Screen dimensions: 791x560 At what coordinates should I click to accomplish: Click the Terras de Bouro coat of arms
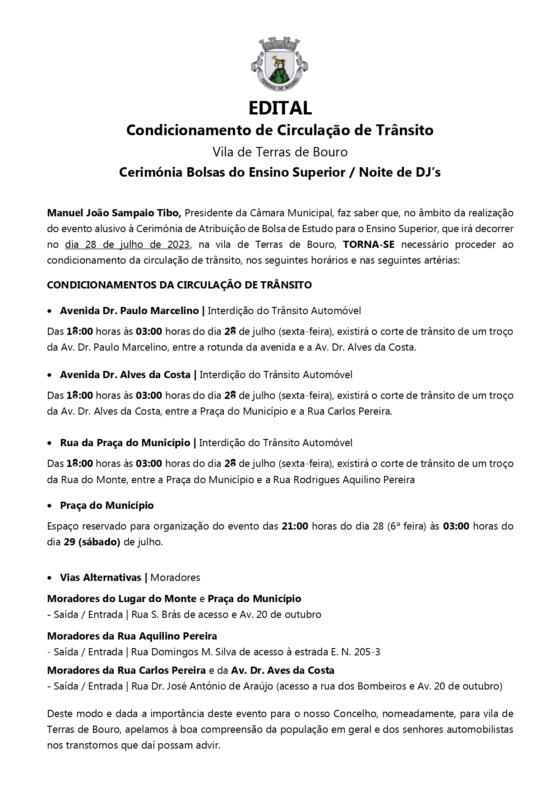click(x=280, y=64)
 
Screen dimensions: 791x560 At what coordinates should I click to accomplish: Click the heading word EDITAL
click(x=280, y=108)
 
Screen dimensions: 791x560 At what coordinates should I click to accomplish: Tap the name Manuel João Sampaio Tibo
click(x=114, y=212)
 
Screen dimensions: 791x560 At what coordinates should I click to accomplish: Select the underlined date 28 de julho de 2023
click(x=128, y=244)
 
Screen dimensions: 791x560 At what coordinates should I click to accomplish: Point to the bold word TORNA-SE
click(x=368, y=244)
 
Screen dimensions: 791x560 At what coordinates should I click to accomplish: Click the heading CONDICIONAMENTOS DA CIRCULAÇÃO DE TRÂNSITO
click(x=179, y=285)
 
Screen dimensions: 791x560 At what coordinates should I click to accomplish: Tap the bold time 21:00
click(x=295, y=526)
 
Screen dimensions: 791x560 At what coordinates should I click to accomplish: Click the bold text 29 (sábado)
click(x=92, y=542)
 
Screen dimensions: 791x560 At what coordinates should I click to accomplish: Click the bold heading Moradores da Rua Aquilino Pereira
click(x=132, y=636)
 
